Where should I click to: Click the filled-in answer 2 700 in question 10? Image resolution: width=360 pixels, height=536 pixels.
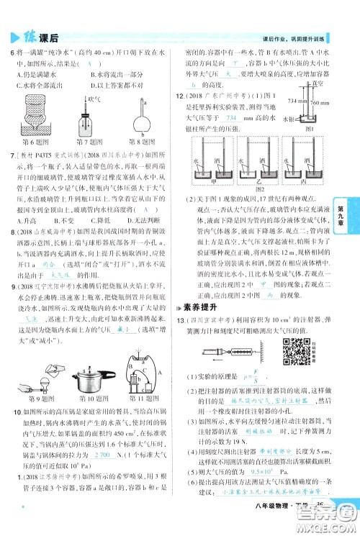(106, 455)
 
